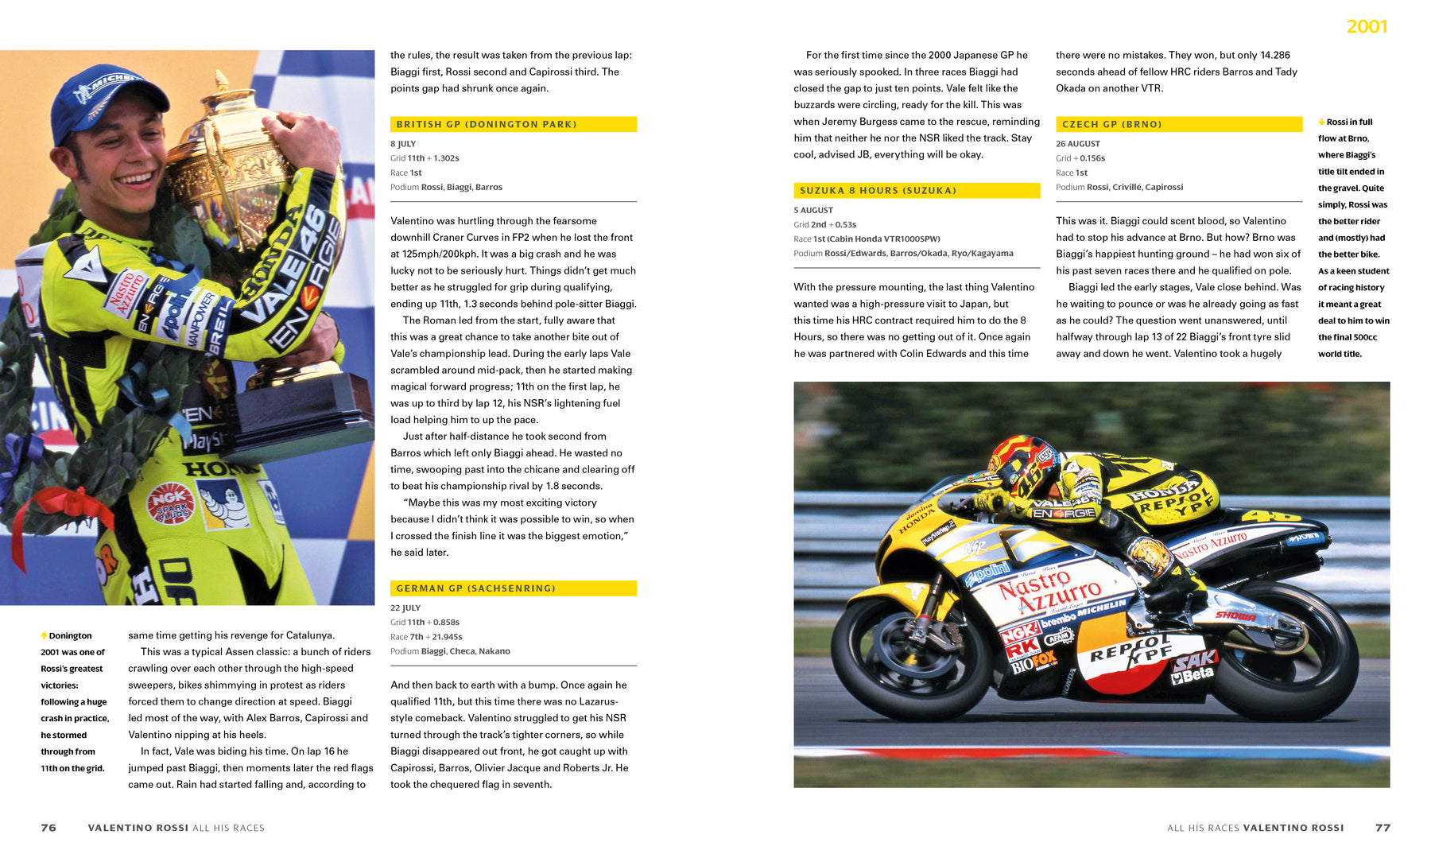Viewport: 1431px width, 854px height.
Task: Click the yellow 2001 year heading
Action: tap(1366, 26)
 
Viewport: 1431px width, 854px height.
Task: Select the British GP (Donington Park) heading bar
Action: tap(513, 124)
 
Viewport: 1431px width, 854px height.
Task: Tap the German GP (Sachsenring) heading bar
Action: tap(513, 588)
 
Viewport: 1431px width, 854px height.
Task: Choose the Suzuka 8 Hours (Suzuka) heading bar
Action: tap(916, 191)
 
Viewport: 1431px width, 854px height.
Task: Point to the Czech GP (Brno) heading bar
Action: tap(1178, 124)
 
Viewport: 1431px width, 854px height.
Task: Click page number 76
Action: tap(48, 828)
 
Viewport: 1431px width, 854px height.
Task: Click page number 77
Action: tap(1383, 828)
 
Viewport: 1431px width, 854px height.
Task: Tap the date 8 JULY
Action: tap(403, 144)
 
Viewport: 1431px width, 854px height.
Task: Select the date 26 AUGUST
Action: tap(1078, 144)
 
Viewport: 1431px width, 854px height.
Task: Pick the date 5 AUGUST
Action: tap(813, 210)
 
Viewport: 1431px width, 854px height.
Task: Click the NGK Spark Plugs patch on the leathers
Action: tap(170, 503)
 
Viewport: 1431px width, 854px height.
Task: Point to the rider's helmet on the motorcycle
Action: tap(1026, 465)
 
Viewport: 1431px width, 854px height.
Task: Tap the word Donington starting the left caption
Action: tap(70, 635)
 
